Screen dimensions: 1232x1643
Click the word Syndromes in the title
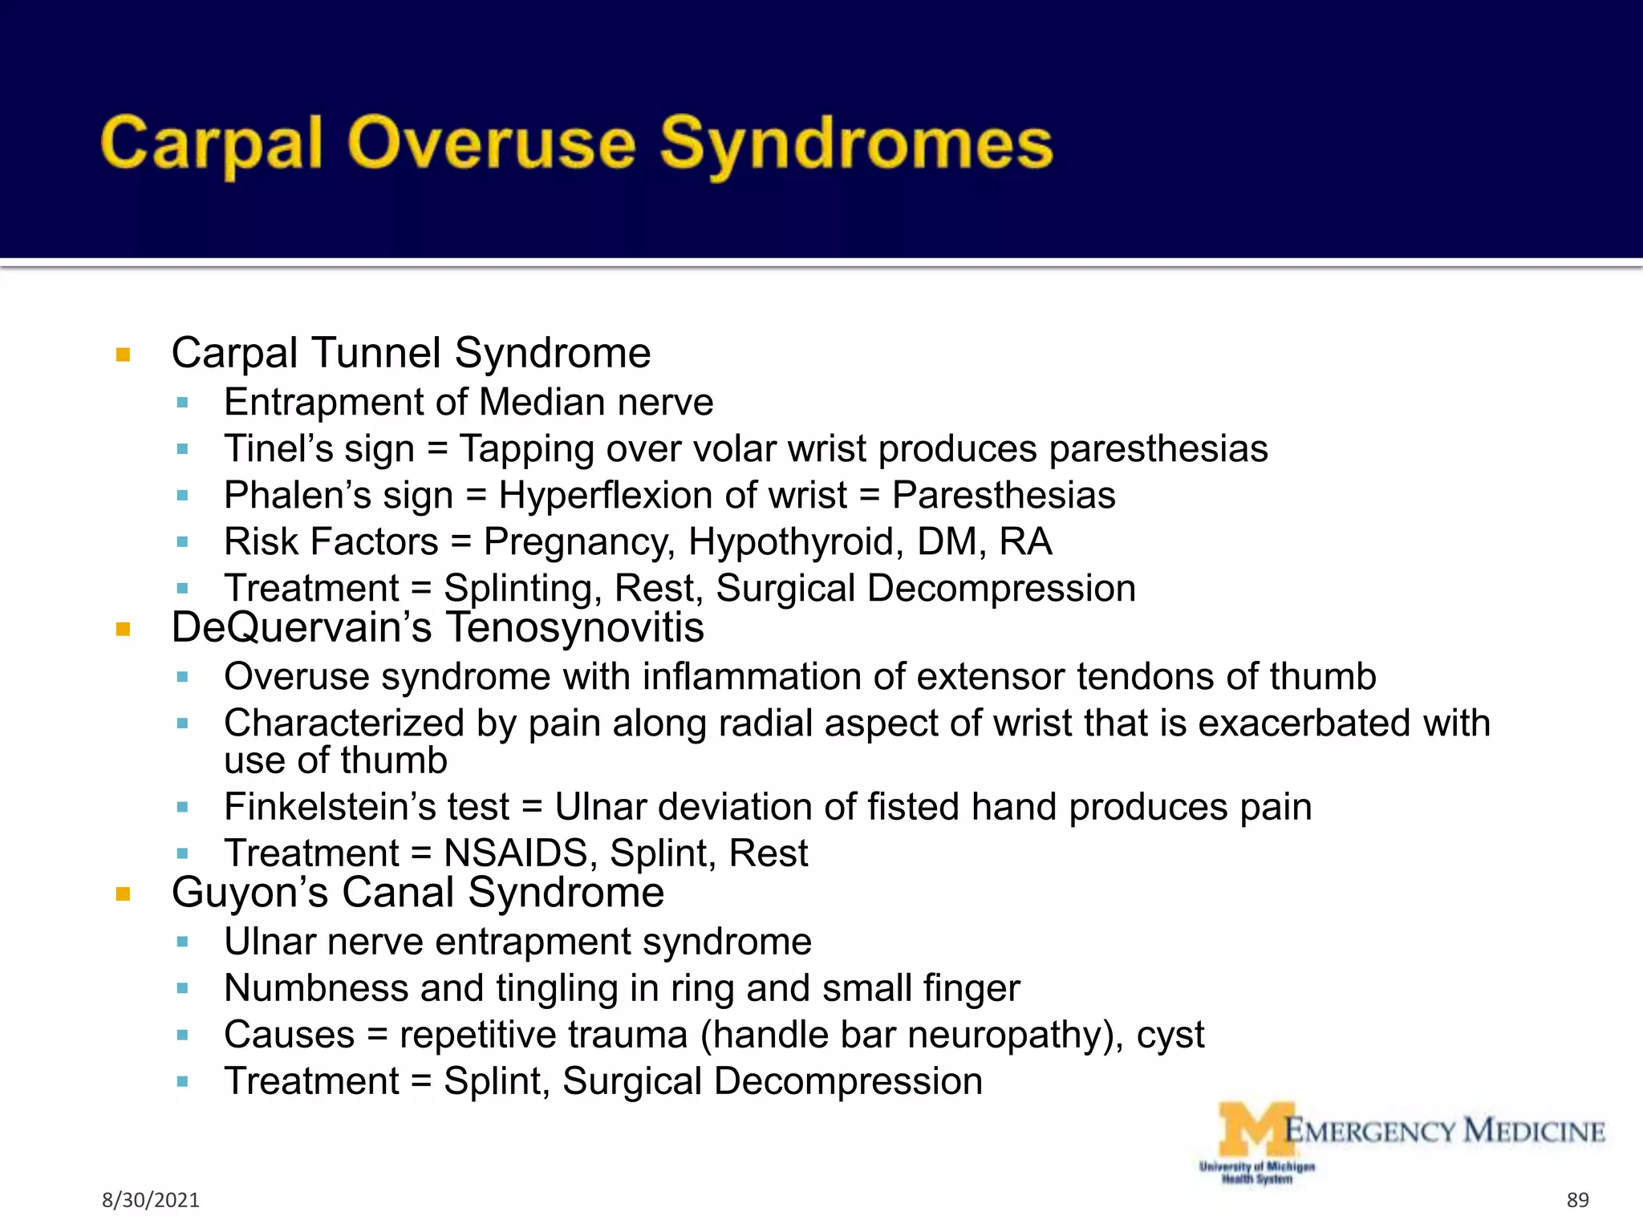(855, 144)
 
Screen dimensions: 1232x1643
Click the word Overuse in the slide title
(491, 144)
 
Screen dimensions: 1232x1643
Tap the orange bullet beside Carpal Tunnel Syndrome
(123, 355)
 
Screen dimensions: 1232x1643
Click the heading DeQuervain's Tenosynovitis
(437, 627)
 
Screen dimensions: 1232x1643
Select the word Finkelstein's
(330, 807)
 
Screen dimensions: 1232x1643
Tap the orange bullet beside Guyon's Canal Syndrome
(123, 894)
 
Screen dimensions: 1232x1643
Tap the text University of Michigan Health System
(1256, 1173)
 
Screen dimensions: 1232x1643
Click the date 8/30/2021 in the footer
(151, 1200)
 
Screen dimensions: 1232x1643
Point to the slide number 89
(1577, 1200)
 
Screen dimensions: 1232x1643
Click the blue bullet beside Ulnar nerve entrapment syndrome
(182, 942)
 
